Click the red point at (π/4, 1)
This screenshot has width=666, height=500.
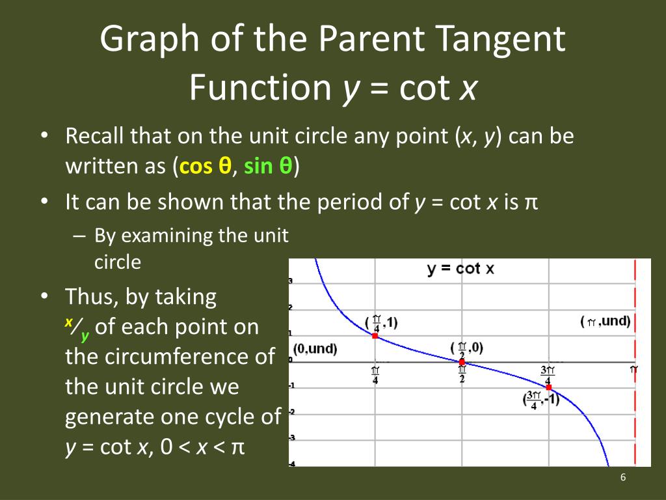(375, 336)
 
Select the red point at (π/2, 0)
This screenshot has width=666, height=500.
(462, 362)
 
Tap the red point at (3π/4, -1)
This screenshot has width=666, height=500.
(549, 387)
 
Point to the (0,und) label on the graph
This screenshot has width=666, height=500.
(315, 349)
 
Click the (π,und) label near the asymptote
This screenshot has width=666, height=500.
(605, 322)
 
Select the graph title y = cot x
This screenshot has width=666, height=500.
(460, 269)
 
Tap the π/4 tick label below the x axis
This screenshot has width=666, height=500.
(375, 376)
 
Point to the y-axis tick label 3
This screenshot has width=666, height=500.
(290, 281)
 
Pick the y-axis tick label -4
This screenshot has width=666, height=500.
(290, 464)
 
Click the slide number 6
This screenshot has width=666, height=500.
(623, 478)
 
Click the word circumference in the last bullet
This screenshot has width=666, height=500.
(170, 357)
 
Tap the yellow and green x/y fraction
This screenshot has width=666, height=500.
(77, 329)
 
